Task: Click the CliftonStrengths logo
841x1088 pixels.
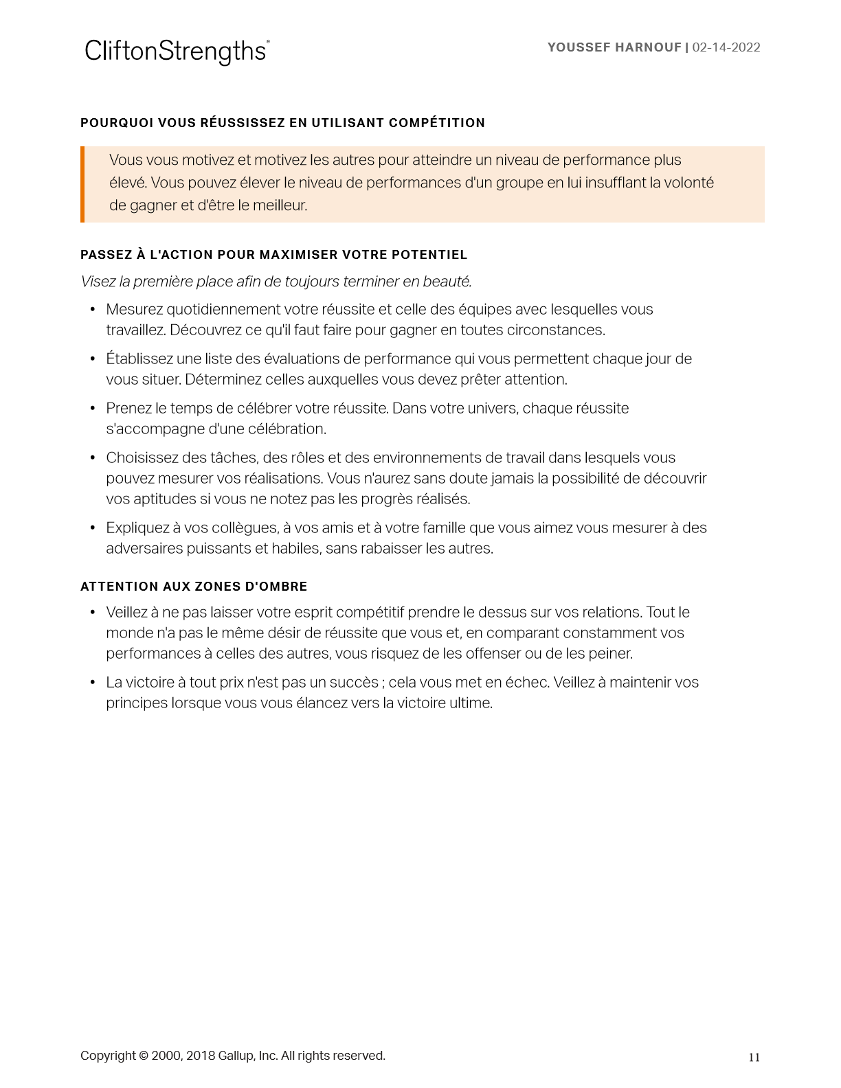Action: pos(177,52)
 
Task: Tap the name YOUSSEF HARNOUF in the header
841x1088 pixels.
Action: pos(614,47)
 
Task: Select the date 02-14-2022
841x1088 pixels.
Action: pos(726,47)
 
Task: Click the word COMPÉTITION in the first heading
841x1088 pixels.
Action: pos(437,123)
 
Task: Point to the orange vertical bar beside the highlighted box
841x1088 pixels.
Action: pos(82,184)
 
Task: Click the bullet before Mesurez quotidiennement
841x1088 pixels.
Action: pos(93,310)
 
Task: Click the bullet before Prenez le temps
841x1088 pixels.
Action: pos(93,409)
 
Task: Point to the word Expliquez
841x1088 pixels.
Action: pos(137,528)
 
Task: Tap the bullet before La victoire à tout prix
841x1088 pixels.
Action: pos(93,683)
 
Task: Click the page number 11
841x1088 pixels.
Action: pos(754,1058)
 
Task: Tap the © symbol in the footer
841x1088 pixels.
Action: pos(143,1056)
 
